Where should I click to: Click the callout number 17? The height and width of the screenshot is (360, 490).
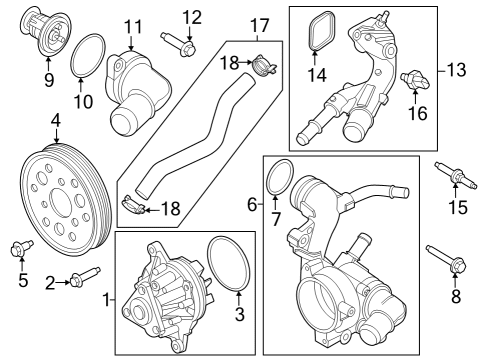(260, 24)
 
